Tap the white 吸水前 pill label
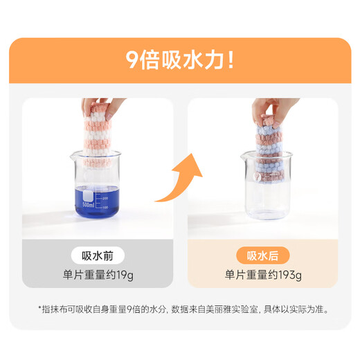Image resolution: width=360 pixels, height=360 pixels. (x=98, y=255)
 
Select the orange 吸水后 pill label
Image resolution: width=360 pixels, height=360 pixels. (x=262, y=255)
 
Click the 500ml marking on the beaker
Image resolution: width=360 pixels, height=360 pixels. (x=88, y=205)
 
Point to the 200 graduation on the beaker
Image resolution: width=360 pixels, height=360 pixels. (x=105, y=199)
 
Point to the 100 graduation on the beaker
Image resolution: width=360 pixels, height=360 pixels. (x=105, y=208)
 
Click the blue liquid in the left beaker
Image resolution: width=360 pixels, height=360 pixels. (x=98, y=202)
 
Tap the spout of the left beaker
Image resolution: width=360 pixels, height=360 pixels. (x=73, y=156)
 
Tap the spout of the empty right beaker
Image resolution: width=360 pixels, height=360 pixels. (x=243, y=156)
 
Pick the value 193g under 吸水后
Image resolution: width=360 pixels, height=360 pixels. (x=290, y=275)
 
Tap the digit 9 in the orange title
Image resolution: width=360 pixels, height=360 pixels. (x=132, y=60)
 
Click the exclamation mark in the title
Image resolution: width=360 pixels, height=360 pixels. (x=231, y=60)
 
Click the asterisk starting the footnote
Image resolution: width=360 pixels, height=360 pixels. (x=39, y=307)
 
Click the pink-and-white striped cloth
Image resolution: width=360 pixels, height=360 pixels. (x=98, y=136)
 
